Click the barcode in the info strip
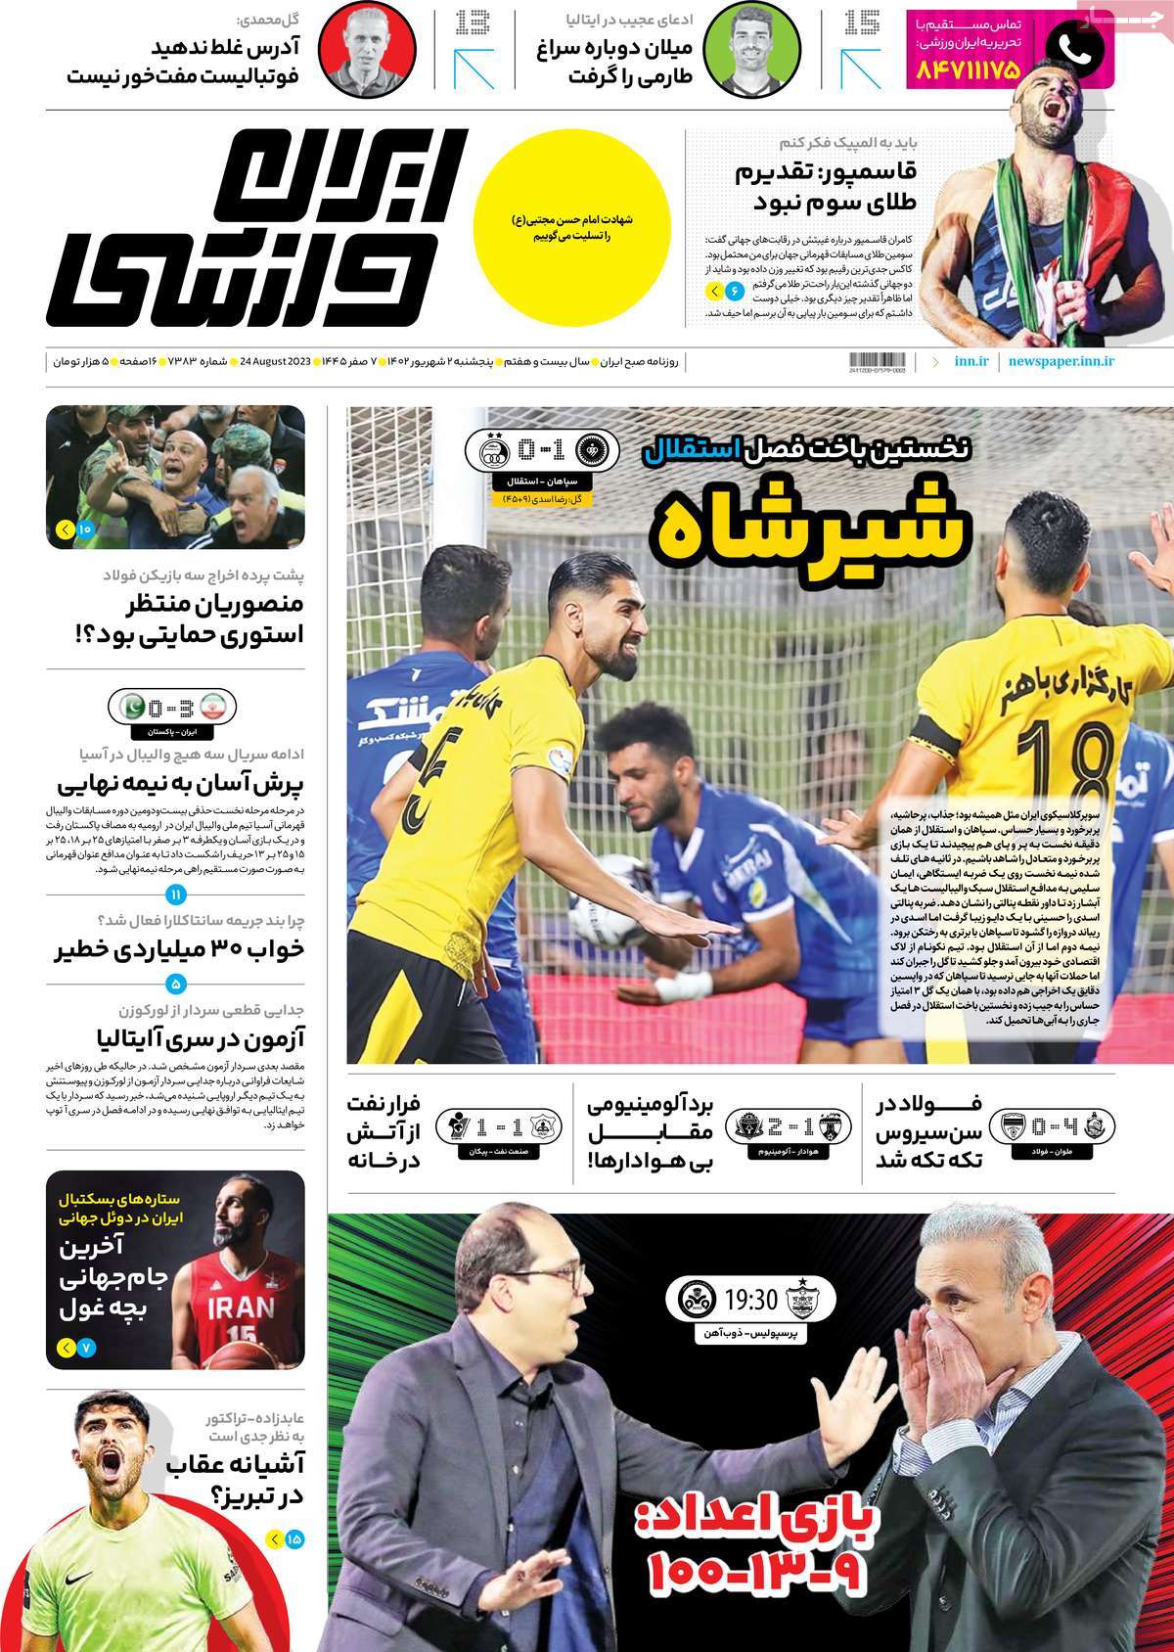click(878, 361)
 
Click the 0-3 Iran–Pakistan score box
click(175, 706)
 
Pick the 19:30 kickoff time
click(750, 1300)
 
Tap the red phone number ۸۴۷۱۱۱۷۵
click(968, 70)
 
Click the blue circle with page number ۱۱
click(176, 895)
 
